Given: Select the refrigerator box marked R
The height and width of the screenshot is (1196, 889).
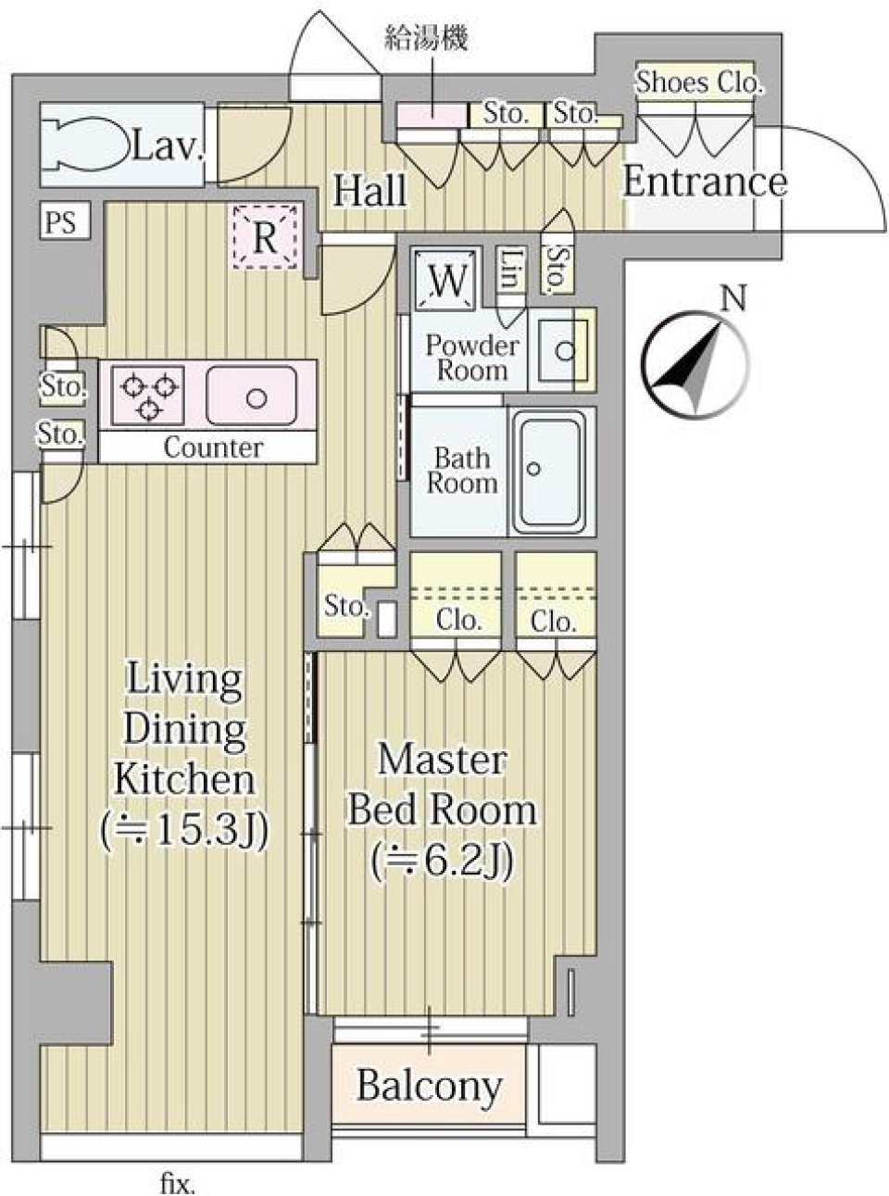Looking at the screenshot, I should [x=265, y=237].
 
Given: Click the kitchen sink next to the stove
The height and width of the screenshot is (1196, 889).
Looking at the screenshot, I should [x=251, y=396].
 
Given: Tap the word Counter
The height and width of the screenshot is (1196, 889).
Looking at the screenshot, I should [x=212, y=447].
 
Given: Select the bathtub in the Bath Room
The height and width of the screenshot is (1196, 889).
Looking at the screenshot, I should [x=551, y=471].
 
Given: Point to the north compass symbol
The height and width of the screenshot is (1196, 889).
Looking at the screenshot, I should [x=697, y=366].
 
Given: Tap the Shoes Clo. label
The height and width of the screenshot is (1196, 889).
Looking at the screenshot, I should [x=698, y=82].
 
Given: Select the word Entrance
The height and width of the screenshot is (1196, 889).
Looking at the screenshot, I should [x=704, y=182].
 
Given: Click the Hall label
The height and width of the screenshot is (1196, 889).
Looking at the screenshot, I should [x=369, y=190].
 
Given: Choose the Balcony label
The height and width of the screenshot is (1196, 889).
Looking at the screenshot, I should [x=429, y=1085].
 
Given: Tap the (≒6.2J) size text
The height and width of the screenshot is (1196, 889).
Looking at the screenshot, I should [x=442, y=862].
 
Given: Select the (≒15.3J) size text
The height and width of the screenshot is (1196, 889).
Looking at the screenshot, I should [x=185, y=830].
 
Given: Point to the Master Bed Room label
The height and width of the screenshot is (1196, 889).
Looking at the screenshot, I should [x=442, y=786].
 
